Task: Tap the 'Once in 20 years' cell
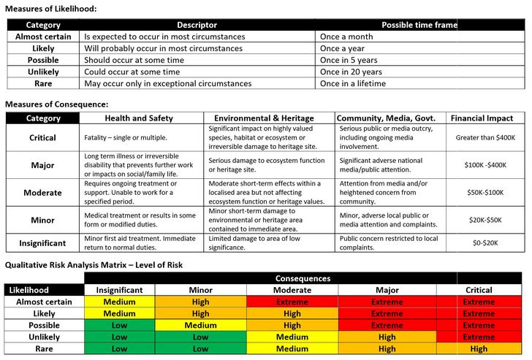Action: (x=351, y=72)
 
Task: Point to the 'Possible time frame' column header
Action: (x=419, y=25)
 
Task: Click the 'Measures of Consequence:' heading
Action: (x=56, y=104)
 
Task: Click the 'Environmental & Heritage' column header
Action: (x=264, y=118)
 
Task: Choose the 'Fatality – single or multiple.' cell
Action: (x=126, y=137)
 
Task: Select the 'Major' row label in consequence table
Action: (x=42, y=165)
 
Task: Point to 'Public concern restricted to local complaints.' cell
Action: (x=389, y=242)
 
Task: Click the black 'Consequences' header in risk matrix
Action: (x=303, y=278)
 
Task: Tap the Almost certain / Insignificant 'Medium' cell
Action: (x=119, y=302)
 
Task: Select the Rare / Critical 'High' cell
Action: (x=479, y=349)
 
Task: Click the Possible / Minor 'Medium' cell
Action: (x=200, y=326)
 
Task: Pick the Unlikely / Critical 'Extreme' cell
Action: (x=479, y=337)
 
